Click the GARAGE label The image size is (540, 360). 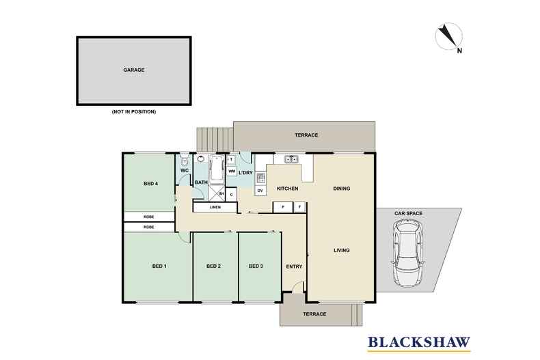coord(134,70)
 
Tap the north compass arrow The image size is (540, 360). coord(448,36)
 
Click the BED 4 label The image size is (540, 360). coord(151,183)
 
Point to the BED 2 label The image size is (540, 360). coord(214,266)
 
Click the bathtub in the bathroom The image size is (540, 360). coord(217,167)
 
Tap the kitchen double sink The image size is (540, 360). coord(291,160)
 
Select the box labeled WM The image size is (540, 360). coord(232,171)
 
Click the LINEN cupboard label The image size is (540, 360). coord(215,207)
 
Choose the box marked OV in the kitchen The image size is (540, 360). coord(260,191)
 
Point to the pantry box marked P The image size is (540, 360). coord(283,206)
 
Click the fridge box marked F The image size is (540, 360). coord(299,206)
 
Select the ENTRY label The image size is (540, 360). coord(294,266)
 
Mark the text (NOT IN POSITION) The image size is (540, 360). coord(134,111)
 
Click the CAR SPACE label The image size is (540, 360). coord(408,214)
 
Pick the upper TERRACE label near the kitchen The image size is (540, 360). coord(307,135)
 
